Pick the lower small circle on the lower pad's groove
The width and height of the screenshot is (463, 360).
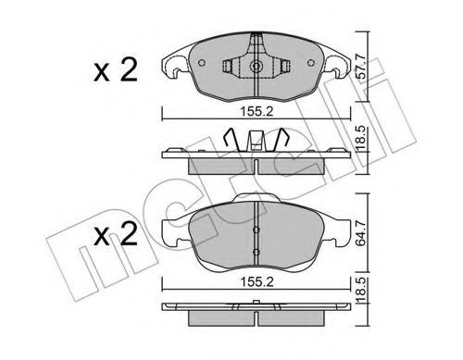tap(255, 251)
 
